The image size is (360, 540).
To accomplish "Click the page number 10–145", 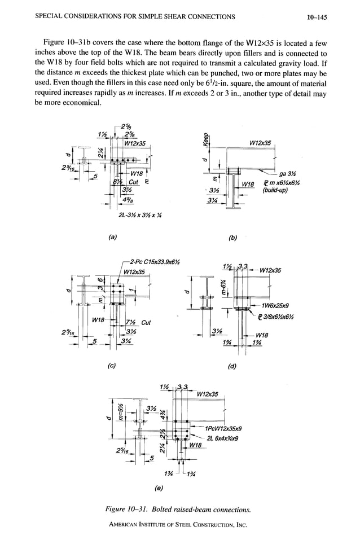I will point(318,17).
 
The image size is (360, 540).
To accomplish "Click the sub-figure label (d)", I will point(231,365).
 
